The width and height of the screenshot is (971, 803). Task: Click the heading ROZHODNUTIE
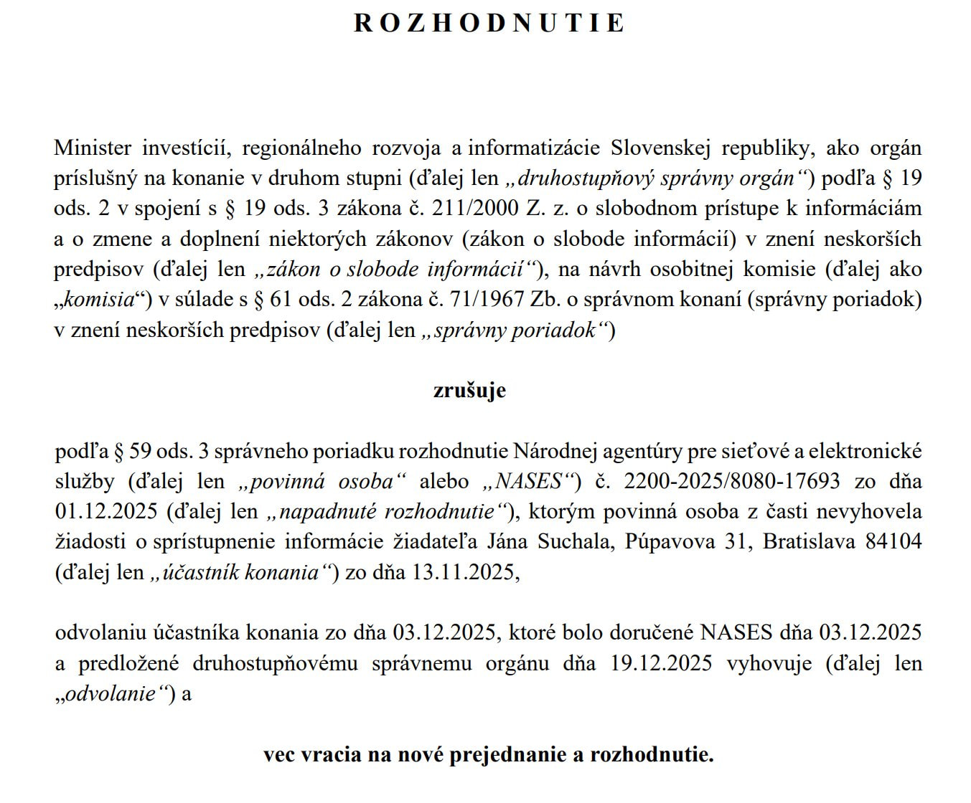pyautogui.click(x=489, y=23)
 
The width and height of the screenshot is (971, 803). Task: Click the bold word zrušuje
pyautogui.click(x=469, y=391)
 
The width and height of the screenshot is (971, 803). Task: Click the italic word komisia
pyautogui.click(x=100, y=300)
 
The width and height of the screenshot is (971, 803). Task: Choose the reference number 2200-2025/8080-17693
pyautogui.click(x=732, y=481)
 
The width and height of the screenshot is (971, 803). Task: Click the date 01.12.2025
pyautogui.click(x=105, y=512)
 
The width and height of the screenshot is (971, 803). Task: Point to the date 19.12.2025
pyautogui.click(x=661, y=663)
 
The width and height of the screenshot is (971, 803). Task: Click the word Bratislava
pyautogui.click(x=809, y=542)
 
